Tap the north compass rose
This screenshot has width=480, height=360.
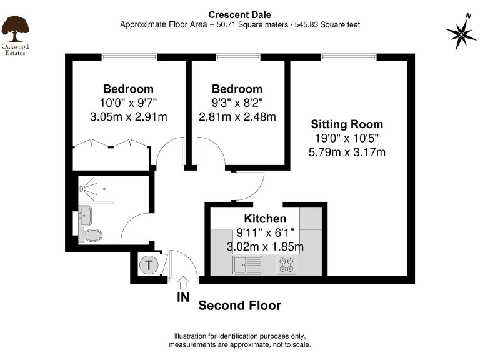(x=461, y=34)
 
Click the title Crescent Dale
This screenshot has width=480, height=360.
(x=239, y=14)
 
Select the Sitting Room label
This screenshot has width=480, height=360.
(x=347, y=124)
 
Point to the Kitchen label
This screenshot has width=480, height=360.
(x=265, y=219)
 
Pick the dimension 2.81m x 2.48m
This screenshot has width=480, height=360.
(x=237, y=116)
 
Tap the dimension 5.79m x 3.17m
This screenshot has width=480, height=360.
(x=347, y=152)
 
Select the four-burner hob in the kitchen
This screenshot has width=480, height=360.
(x=287, y=265)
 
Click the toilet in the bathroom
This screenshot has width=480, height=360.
(x=91, y=235)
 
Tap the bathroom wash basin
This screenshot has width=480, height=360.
(x=84, y=216)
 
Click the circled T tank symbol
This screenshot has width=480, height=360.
(x=148, y=265)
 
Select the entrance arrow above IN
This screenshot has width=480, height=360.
(x=183, y=282)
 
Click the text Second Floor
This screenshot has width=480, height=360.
(x=239, y=306)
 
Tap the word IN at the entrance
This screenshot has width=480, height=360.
(x=182, y=297)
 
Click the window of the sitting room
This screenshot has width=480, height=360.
(x=349, y=57)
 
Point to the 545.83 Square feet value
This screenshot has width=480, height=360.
(x=325, y=24)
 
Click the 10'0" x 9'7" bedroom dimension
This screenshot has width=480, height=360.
(x=128, y=102)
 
